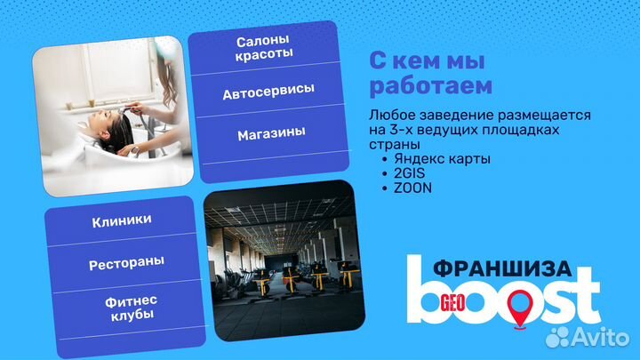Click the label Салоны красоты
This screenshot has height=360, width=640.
[265, 49]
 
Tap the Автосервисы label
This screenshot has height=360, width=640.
[268, 92]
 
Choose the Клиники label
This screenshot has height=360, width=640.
[121, 220]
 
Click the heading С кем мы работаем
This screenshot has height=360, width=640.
[431, 75]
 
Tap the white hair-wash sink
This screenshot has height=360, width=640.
[89, 160]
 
